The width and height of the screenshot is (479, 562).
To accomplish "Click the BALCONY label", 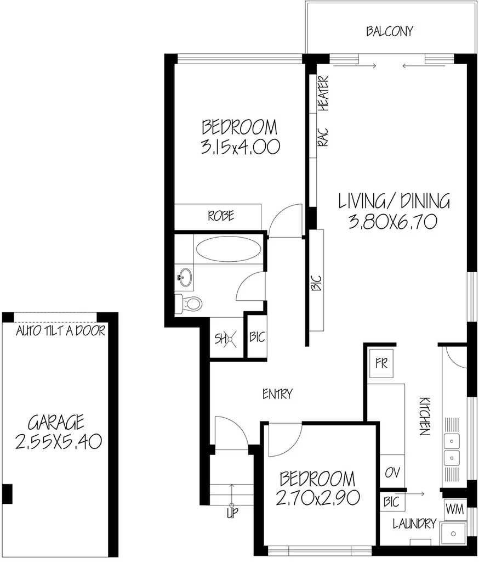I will click(389, 31).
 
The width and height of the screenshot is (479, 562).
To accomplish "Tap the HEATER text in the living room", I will click(324, 93).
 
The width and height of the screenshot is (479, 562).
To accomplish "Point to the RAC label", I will click(323, 137).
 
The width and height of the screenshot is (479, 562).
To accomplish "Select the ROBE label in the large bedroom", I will click(220, 216).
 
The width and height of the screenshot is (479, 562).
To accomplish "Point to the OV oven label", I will click(392, 473).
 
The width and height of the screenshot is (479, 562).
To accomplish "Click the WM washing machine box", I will click(454, 509).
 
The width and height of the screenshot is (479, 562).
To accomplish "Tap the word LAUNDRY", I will click(414, 524).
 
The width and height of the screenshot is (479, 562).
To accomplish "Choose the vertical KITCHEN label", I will click(424, 416).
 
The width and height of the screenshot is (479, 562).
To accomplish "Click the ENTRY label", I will click(277, 394).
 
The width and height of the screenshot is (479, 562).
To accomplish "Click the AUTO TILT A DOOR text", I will click(60, 331).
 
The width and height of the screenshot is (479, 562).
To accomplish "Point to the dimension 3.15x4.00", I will click(240, 147).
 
